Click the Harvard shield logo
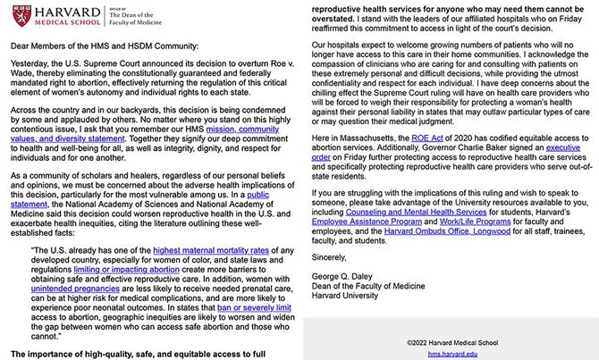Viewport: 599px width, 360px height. (x=18, y=16)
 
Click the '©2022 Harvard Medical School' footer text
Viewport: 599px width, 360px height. (x=450, y=340)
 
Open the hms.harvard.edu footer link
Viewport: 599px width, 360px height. (x=450, y=353)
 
